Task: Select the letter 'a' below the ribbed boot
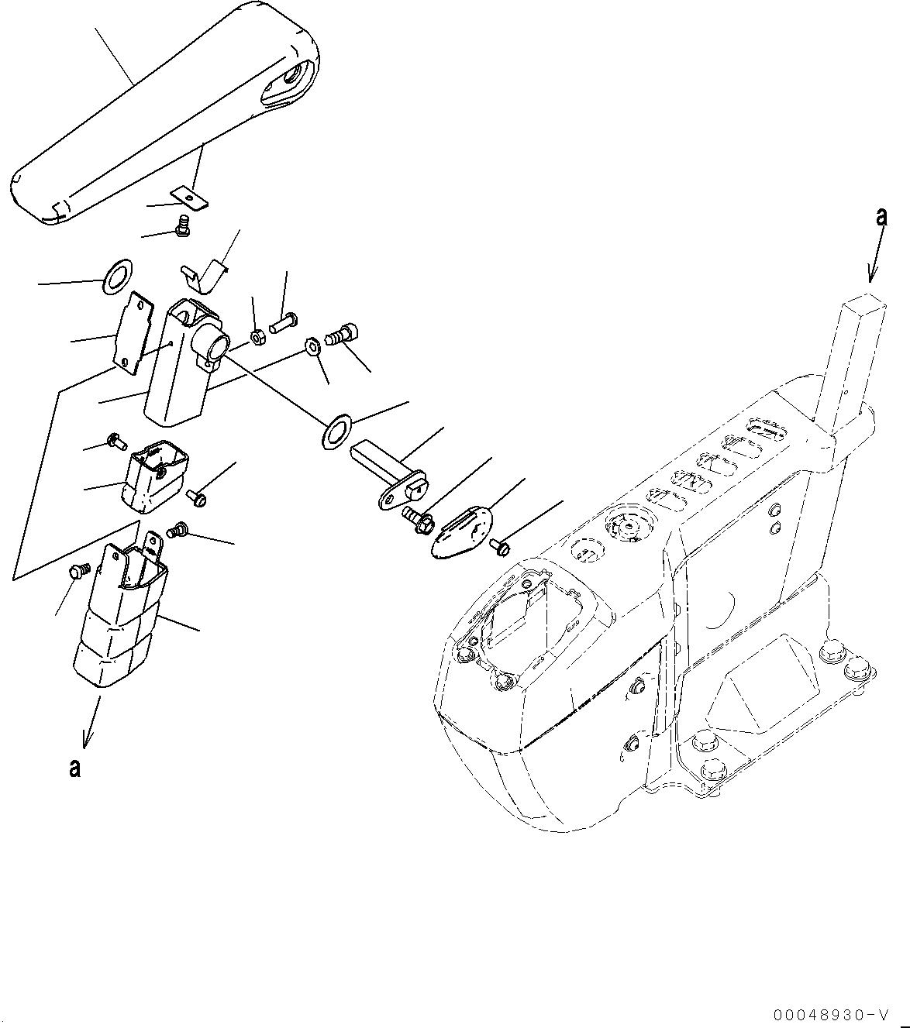74,768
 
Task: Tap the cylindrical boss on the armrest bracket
212,342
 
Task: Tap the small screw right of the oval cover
500,548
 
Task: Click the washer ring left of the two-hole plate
117,277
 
